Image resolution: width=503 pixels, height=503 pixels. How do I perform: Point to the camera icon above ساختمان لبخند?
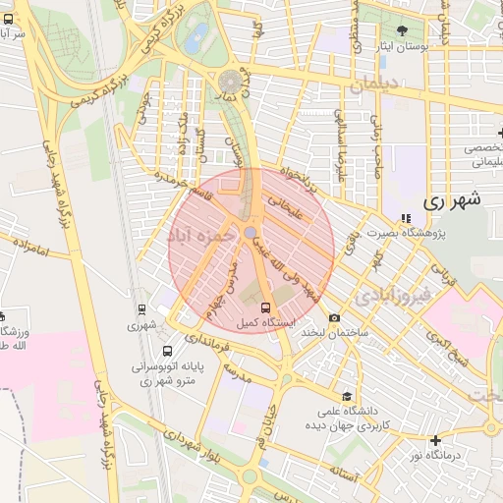coord(335,317)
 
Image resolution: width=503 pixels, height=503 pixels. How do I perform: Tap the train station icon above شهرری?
coord(143,309)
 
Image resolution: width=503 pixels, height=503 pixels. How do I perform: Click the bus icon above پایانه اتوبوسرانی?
coord(168,350)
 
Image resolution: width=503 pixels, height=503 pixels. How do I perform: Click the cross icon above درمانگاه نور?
coord(435,440)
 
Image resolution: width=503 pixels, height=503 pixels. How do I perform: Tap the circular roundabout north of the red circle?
coord(231,79)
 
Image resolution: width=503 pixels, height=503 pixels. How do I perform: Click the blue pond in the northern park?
coord(196,39)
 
